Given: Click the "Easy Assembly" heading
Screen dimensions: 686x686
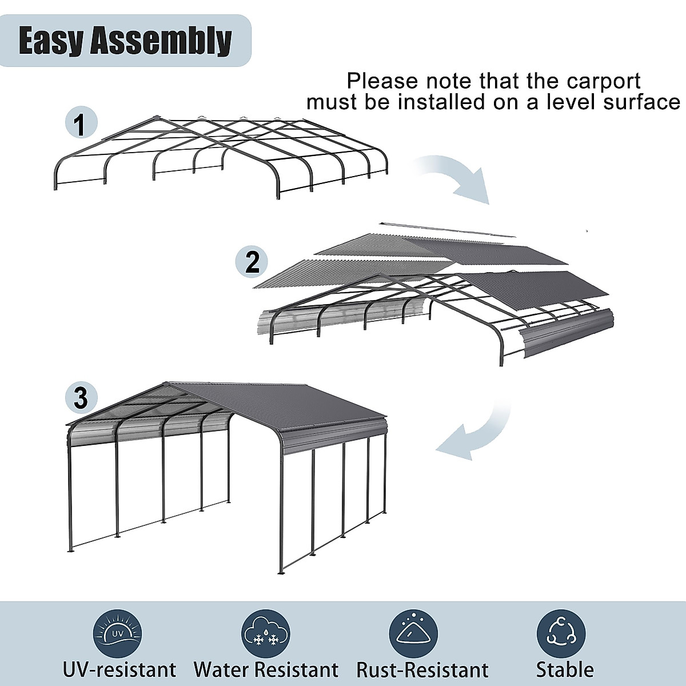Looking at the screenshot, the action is click(x=125, y=41).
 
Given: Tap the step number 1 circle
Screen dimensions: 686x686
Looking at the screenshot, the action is click(x=81, y=124).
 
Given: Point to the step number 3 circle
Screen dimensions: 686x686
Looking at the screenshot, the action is click(x=81, y=397).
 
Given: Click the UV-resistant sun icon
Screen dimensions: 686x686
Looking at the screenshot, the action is click(x=117, y=633).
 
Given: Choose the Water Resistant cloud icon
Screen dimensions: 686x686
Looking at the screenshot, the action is click(x=266, y=633).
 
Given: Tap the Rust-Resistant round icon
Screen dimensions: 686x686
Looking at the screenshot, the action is click(x=413, y=633).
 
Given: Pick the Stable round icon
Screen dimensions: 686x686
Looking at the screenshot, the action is click(x=561, y=633).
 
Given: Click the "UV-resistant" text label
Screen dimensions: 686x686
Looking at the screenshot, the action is click(x=119, y=669).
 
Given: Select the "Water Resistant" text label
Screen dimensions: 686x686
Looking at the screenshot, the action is click(x=266, y=669).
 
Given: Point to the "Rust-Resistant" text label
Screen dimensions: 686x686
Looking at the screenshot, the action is click(x=422, y=669).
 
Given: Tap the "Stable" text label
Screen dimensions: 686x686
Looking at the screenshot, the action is click(x=565, y=669).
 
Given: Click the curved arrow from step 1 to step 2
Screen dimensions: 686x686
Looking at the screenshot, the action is click(x=457, y=177).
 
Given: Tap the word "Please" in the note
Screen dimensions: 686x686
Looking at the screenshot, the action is click(x=381, y=81).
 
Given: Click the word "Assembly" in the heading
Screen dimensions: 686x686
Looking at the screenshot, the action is click(x=161, y=41).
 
